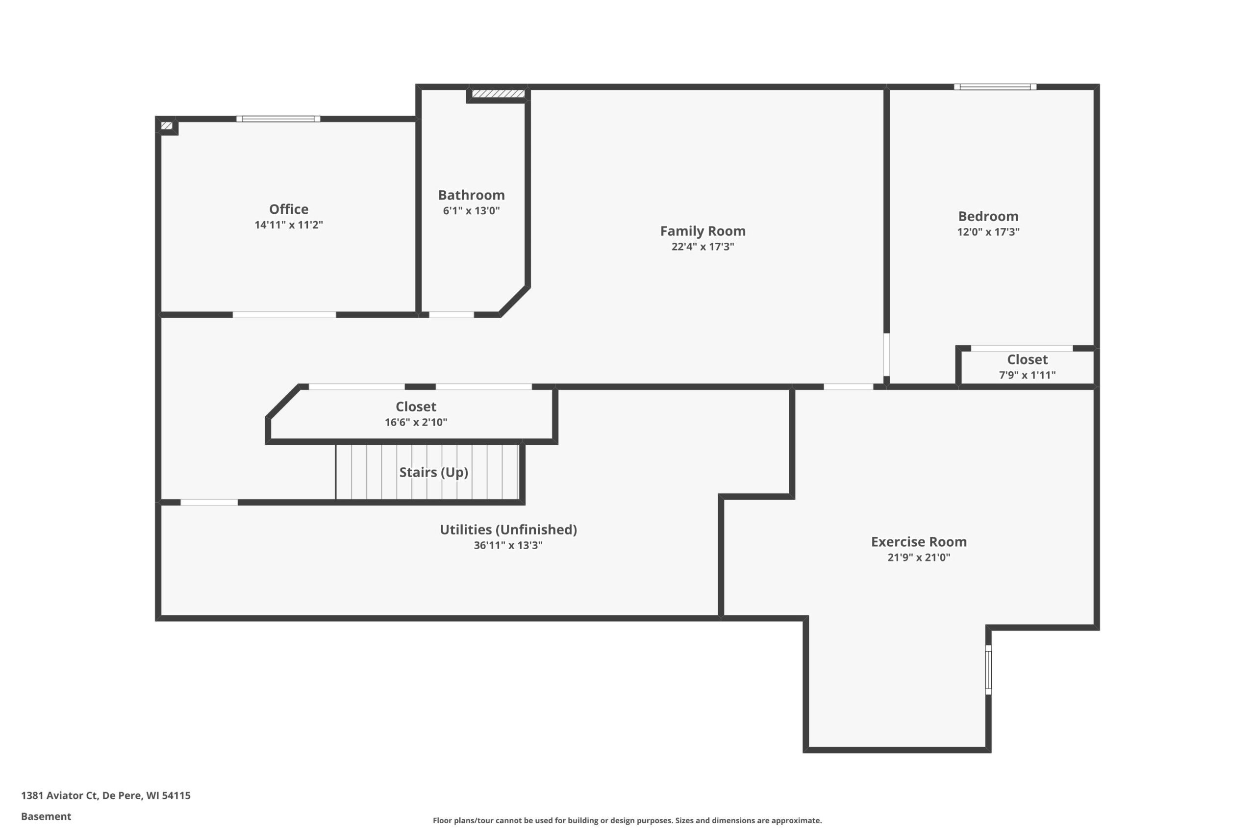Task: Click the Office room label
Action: [288, 209]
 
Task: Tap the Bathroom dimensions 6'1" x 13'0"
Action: [471, 210]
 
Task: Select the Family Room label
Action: [703, 231]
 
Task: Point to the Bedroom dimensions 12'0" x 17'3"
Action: [988, 231]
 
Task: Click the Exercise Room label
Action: [919, 542]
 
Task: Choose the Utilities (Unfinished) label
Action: [508, 530]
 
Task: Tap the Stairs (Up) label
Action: [434, 472]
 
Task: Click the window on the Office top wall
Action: [278, 119]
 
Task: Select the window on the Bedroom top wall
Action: [995, 87]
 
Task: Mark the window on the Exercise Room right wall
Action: [988, 670]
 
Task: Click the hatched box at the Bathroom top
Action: [499, 94]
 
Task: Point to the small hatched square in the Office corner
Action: [167, 126]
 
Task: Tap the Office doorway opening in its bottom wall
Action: [284, 315]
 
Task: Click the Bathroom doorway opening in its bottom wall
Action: [452, 315]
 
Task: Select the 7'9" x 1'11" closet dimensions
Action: [1027, 375]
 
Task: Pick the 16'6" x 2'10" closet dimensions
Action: [416, 422]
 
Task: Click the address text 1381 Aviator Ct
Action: [59, 795]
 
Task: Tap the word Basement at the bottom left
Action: [46, 816]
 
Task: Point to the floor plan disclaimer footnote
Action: [627, 820]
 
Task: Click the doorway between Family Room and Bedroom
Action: [886, 355]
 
